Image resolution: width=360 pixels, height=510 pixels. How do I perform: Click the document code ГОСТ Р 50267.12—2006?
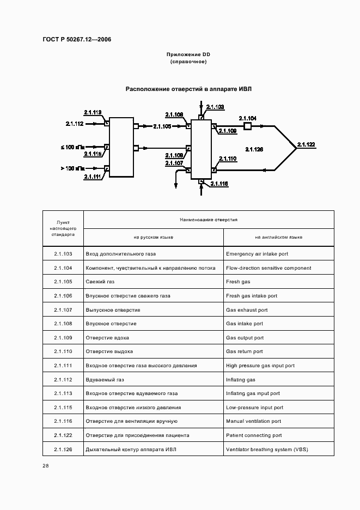(77, 39)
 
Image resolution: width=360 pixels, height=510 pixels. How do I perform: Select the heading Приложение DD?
(188, 55)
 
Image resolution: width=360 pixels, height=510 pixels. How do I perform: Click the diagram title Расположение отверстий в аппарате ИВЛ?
(188, 89)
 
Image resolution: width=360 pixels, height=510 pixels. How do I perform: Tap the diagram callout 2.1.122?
(306, 144)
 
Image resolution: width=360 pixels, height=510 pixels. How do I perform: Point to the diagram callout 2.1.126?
(254, 149)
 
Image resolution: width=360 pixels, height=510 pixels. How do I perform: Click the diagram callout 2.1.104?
(248, 118)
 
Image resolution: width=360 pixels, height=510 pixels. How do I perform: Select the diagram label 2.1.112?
(75, 124)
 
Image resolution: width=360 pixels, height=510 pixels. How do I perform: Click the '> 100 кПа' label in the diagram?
(72, 168)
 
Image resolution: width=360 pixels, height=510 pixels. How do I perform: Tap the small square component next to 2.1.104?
(247, 126)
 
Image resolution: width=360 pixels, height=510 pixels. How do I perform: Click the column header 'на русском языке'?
(154, 237)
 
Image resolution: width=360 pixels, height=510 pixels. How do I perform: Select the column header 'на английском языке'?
(278, 237)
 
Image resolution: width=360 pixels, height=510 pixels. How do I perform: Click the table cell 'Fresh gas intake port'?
(252, 296)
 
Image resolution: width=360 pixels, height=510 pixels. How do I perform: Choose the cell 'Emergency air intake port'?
(257, 254)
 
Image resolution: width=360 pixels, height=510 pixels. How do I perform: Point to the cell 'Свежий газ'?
(100, 282)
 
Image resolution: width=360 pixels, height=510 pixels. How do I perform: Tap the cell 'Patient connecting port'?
(254, 435)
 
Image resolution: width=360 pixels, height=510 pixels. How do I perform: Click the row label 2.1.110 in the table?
(63, 351)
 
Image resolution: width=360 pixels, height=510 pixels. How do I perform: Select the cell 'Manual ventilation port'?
(253, 421)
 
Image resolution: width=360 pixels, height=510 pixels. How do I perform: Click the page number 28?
(46, 466)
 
